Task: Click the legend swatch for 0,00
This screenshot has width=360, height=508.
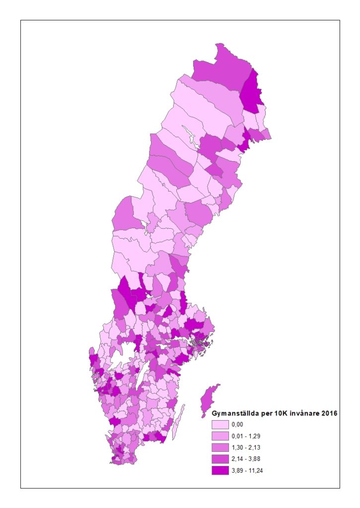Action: click(220, 425)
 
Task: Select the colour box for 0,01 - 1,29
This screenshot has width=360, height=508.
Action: click(220, 436)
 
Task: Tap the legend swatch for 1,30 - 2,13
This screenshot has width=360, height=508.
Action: click(220, 447)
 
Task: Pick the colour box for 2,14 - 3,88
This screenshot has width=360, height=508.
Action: click(220, 459)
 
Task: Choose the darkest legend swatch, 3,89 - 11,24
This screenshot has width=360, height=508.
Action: click(220, 470)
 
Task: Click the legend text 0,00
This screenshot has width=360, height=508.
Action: click(238, 425)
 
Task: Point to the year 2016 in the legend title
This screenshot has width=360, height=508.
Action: click(329, 413)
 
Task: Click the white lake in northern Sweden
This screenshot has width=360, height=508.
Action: click(189, 134)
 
